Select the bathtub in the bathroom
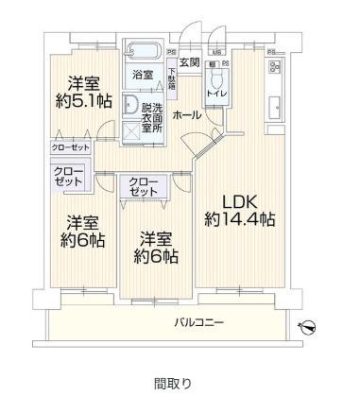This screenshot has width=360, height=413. tap(144, 49)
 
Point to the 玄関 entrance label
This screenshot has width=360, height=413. tap(189, 63)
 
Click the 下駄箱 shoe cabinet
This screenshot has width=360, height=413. tap(172, 77)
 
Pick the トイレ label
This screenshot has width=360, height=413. tap(215, 94)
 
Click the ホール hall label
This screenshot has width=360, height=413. tap(185, 113)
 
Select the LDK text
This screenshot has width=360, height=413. tap(240, 200)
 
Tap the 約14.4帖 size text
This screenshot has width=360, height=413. tap(240, 219)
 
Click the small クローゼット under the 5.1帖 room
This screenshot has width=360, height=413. tap(70, 148)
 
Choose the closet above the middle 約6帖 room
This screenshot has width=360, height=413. tap(142, 186)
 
